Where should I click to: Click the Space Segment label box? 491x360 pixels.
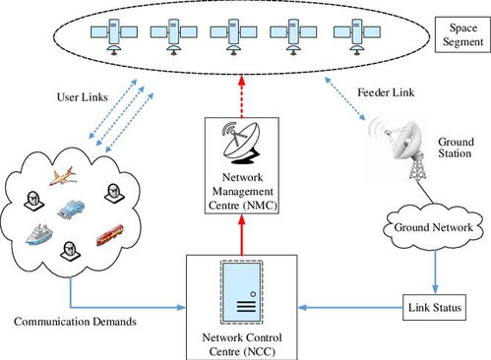coord(462,34)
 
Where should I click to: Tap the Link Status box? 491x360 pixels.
coord(434,308)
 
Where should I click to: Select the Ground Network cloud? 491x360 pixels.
coord(433,227)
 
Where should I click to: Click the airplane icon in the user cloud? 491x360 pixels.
coord(63,176)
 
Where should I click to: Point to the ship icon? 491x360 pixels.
coord(39,234)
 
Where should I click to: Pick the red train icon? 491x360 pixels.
coord(110,235)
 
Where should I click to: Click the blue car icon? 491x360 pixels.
coord(71,209)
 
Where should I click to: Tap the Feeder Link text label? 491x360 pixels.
coord(386,92)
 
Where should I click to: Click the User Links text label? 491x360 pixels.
coord(83,97)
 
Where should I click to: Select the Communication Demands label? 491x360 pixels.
coord(75,322)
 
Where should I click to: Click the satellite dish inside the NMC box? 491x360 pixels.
coord(241,143)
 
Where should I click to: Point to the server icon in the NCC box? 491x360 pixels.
coord(242,292)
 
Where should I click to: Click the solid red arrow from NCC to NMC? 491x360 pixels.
coord(242,234)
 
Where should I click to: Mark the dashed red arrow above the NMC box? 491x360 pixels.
coord(242,96)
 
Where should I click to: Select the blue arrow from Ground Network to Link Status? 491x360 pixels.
coord(435,272)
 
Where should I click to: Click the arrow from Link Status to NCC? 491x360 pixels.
coord(350,308)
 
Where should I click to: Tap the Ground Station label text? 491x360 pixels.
coord(456,148)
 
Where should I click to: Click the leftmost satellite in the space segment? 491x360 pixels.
coord(114,36)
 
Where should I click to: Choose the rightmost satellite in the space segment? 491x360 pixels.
coord(357,36)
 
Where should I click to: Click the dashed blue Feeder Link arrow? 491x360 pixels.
coord(344,98)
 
